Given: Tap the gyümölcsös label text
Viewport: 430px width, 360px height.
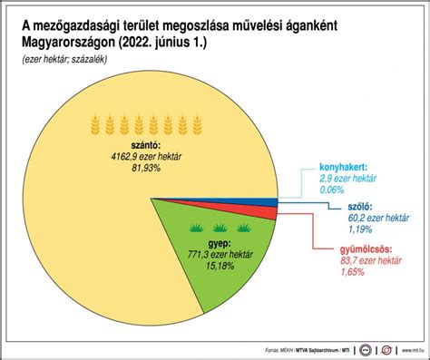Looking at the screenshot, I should point(358,250).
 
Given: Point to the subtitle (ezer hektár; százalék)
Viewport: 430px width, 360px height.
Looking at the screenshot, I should point(69,58).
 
